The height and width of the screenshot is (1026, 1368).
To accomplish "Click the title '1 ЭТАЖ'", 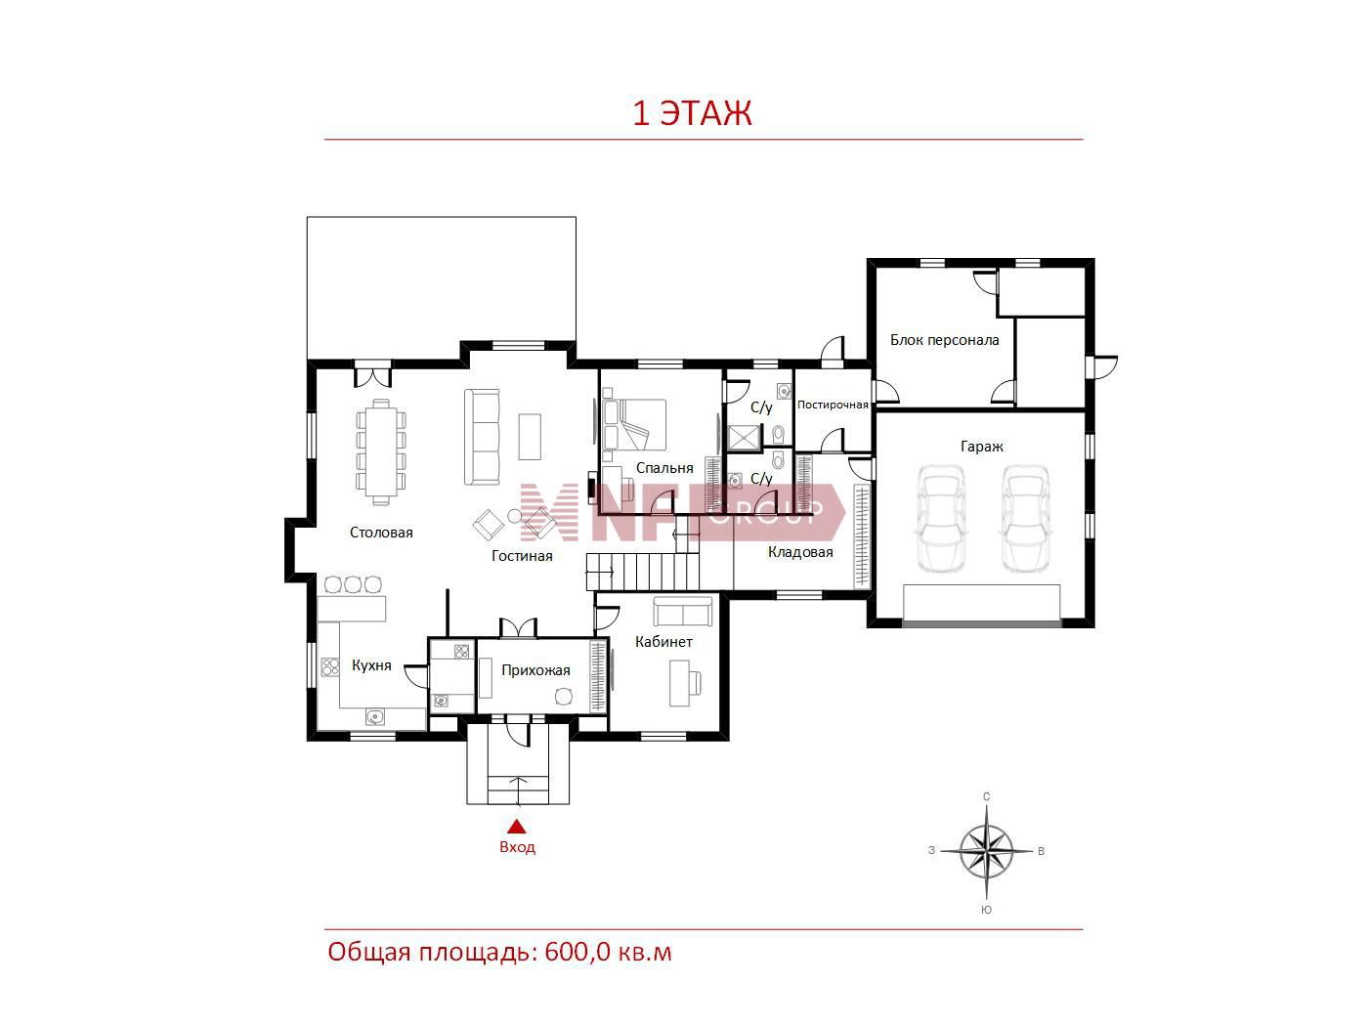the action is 692,113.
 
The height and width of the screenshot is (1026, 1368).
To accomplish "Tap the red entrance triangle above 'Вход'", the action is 517,826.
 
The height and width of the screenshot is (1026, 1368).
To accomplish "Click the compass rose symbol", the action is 986,850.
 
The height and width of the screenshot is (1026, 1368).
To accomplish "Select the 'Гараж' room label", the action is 982,447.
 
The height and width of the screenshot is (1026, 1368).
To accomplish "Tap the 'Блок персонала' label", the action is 944,340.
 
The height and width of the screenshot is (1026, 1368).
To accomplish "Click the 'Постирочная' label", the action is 833,405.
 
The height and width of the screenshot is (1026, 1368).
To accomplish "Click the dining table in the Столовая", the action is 381,451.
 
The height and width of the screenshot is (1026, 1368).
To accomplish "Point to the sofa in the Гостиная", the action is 482,437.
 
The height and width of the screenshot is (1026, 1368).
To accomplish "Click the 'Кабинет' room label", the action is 663,642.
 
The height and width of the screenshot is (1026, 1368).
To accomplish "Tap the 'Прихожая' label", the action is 535,670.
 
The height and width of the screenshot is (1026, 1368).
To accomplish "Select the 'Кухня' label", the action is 371,665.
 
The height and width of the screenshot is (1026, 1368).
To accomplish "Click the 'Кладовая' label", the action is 800,552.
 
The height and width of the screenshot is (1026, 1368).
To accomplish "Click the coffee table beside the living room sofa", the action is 530,437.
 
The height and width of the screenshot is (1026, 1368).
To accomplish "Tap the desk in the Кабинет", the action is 679,683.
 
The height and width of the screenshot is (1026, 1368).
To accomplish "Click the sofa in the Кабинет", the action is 682,611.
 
